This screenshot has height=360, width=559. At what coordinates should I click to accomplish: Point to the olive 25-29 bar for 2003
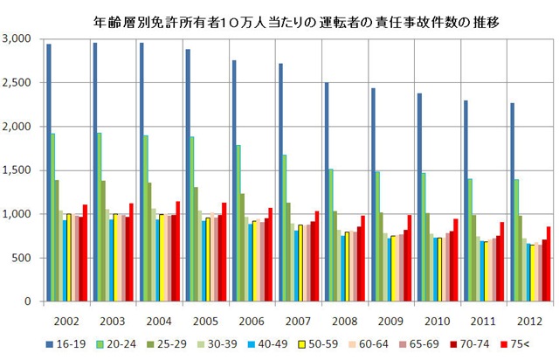(x=104, y=240)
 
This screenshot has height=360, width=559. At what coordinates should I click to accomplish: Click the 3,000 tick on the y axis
(x=17, y=39)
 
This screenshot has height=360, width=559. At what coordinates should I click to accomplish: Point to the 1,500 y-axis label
(x=17, y=170)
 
